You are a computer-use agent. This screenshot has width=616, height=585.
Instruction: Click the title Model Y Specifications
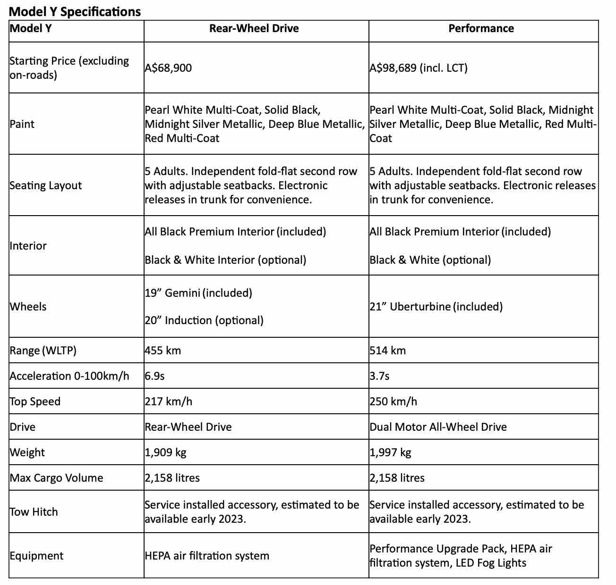(75, 12)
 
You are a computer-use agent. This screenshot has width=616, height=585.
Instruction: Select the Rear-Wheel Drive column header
(254, 28)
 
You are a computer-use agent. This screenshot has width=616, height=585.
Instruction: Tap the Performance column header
(481, 28)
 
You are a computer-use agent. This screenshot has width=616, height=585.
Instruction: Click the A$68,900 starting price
(169, 68)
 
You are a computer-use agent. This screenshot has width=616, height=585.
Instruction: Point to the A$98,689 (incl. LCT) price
(419, 68)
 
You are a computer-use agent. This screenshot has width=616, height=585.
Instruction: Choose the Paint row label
(22, 124)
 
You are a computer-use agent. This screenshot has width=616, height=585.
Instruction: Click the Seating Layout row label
(46, 185)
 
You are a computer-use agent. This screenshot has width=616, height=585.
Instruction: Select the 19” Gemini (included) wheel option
(198, 293)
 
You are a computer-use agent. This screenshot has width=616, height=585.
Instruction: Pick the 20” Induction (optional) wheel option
(204, 320)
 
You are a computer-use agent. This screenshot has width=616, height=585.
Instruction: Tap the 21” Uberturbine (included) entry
(436, 307)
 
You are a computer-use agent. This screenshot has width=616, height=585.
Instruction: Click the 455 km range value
(163, 351)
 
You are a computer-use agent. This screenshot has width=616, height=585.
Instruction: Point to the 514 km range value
(388, 351)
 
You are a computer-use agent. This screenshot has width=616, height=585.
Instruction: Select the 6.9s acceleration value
(155, 376)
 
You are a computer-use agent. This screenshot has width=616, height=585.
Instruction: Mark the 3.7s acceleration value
(380, 376)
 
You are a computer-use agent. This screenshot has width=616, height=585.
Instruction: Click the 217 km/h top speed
(169, 401)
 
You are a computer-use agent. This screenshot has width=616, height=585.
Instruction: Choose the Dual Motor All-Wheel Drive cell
(438, 427)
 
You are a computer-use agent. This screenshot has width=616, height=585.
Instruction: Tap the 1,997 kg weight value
(391, 452)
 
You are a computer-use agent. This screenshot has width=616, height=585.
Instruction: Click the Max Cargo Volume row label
(57, 478)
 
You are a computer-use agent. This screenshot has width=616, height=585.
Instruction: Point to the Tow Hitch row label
(34, 512)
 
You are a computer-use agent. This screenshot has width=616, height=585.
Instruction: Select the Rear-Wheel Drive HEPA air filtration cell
(207, 556)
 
